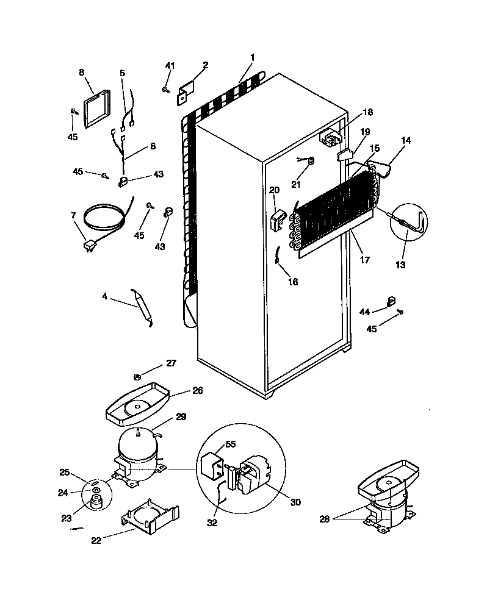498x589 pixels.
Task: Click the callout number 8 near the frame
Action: (x=82, y=72)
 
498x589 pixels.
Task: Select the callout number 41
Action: (x=170, y=66)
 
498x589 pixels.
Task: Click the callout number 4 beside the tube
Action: (x=105, y=297)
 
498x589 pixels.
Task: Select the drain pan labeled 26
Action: (x=137, y=404)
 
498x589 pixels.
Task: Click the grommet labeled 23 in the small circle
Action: (x=95, y=501)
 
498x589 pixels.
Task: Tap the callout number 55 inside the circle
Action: (x=230, y=445)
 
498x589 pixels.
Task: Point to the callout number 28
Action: (x=324, y=519)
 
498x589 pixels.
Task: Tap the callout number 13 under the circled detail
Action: (x=400, y=265)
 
